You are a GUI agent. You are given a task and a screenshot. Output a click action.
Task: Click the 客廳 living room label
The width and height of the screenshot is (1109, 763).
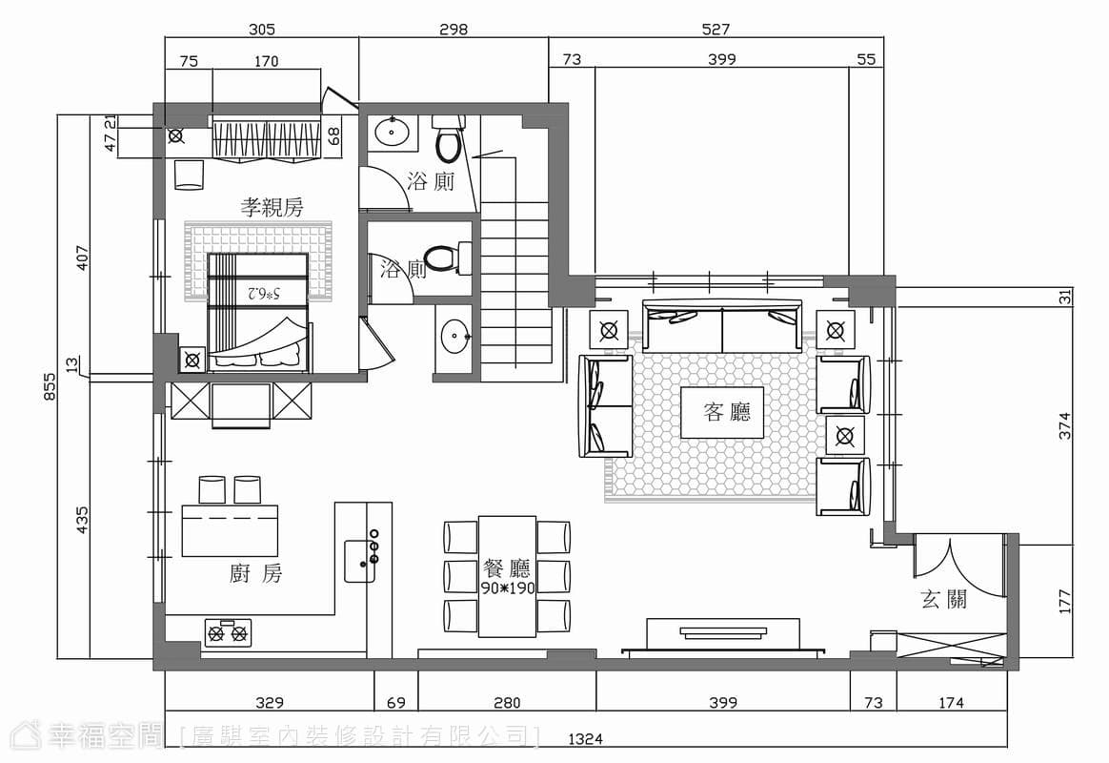point(726,412)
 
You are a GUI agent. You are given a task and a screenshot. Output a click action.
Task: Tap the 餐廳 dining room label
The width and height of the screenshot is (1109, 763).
point(507,567)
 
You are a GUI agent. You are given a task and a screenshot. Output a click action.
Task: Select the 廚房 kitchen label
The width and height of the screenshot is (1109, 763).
point(255,573)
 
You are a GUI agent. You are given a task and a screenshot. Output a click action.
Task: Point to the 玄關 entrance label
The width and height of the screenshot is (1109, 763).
point(943,600)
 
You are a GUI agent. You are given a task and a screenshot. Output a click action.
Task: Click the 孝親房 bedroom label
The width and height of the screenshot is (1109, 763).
point(272,207)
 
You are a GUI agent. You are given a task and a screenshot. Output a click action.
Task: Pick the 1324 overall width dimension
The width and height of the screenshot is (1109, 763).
point(586,739)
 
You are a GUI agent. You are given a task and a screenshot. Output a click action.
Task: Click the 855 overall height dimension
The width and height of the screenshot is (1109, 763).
point(50,387)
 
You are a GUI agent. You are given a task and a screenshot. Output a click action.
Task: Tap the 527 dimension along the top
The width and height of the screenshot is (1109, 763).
point(716,29)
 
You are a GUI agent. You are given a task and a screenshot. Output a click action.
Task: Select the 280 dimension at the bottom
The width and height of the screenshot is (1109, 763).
point(507,703)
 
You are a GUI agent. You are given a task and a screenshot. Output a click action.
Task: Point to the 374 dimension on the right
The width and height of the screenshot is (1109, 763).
point(1065,425)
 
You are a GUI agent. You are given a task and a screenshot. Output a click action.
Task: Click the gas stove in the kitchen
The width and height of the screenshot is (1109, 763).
point(228,632)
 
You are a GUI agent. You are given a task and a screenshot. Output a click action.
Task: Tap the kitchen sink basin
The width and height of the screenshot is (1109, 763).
point(359,561)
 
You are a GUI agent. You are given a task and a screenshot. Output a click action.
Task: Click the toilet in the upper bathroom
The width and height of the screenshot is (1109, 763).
point(448,138)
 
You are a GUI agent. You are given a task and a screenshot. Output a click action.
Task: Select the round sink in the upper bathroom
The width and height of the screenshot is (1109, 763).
point(392,131)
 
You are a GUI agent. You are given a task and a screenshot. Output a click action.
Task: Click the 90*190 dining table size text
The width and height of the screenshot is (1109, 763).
point(507,588)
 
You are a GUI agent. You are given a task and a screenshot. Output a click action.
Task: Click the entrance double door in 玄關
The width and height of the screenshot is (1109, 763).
point(958,567)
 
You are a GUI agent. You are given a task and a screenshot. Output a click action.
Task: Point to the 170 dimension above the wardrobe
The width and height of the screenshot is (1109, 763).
point(266,61)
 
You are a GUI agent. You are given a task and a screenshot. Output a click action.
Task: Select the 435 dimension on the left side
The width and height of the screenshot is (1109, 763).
point(82,520)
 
